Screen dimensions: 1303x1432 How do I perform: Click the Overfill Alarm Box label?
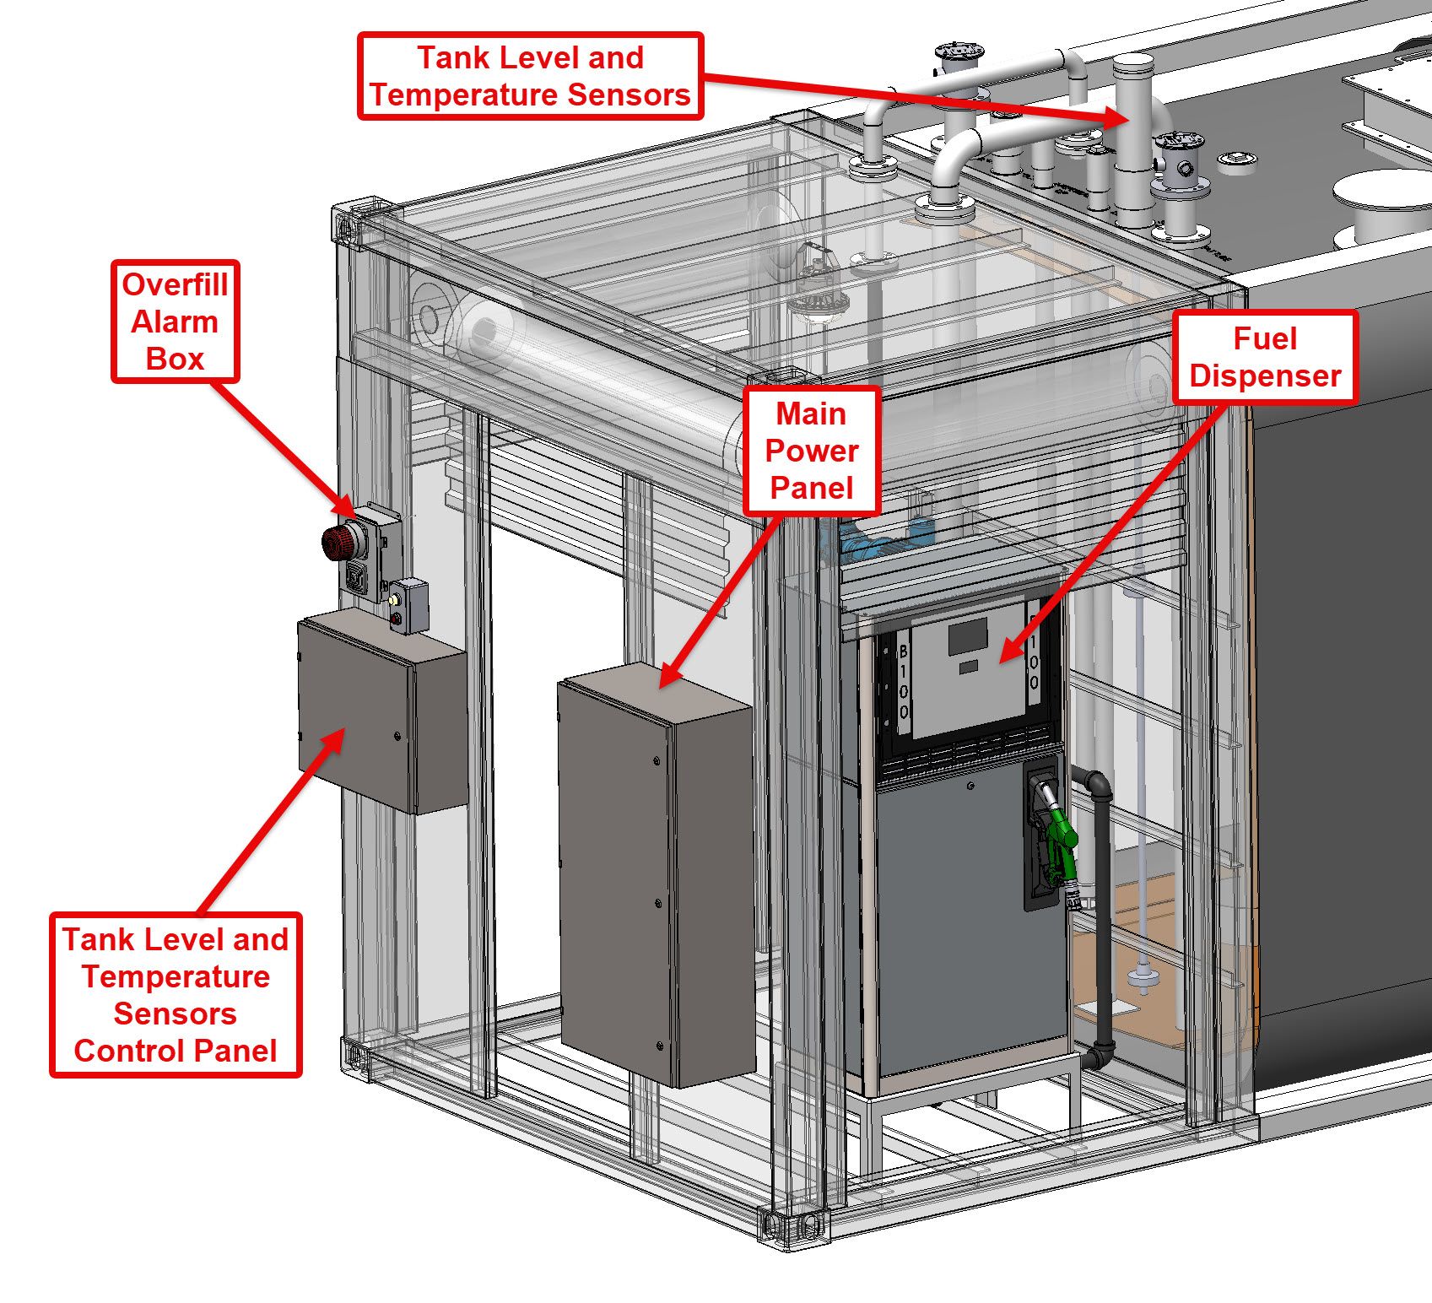pos(176,322)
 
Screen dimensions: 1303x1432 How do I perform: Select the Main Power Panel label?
pos(812,451)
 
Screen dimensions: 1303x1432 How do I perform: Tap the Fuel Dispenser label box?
pos(1264,357)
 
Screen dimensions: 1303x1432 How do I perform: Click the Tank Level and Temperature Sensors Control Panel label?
pos(176,995)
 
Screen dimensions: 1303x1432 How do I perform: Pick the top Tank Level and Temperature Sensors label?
pos(530,76)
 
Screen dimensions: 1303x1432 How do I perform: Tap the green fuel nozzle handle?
pos(1061,835)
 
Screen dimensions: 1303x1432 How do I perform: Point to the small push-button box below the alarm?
pos(408,606)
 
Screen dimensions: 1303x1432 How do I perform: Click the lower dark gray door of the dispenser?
pos(970,928)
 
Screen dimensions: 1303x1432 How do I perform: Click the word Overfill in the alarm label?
pos(176,284)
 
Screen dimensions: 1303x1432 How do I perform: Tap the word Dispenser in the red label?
pos(1264,376)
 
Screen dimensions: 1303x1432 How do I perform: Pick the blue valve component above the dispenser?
pos(878,540)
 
